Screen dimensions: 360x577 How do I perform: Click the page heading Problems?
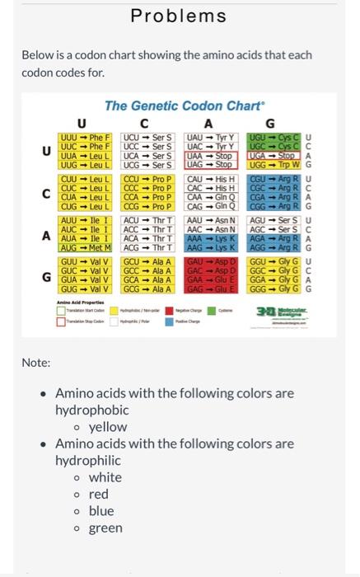pyautogui.click(x=179, y=16)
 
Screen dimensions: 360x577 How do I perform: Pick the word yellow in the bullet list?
pyautogui.click(x=108, y=427)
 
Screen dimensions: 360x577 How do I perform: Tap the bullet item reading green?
pyautogui.click(x=105, y=528)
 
